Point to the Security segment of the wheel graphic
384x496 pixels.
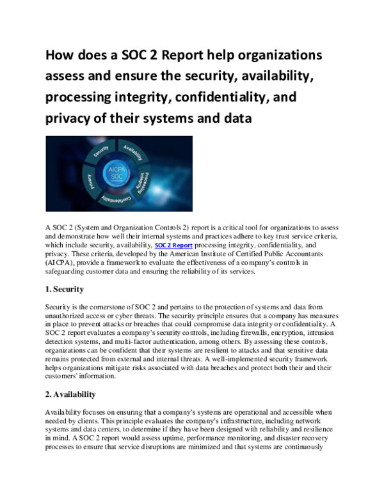[101, 151]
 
